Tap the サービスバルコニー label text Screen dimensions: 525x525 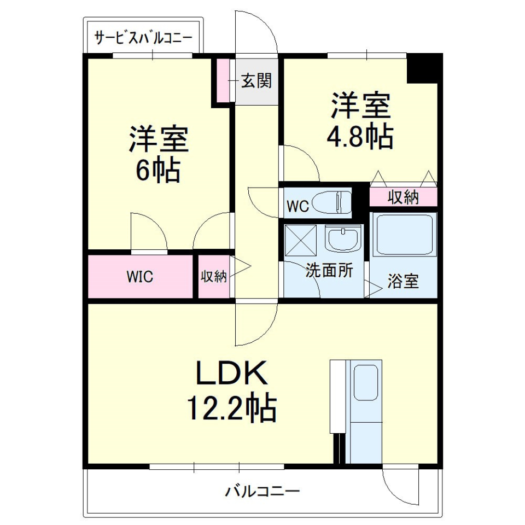[143, 38]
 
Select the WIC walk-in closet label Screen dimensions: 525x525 [140, 277]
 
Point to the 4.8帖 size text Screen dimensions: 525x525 [359, 137]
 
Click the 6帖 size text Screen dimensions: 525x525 [158, 171]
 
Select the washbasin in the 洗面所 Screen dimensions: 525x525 [343, 239]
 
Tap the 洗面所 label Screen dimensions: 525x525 [329, 271]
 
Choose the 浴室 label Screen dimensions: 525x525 [403, 281]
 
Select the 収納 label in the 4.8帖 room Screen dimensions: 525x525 [404, 197]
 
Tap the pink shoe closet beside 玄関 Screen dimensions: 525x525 [223, 79]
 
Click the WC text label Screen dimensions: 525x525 [298, 206]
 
